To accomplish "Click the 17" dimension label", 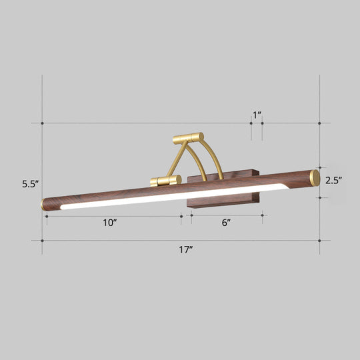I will point(185,250).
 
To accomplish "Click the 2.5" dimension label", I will point(333,180).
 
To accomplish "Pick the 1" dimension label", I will point(257,115).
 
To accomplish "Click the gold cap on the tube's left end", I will point(44,204).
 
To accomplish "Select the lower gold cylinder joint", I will point(165,181).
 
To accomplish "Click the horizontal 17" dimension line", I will point(133,240).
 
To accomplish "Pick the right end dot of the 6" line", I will point(262,215).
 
